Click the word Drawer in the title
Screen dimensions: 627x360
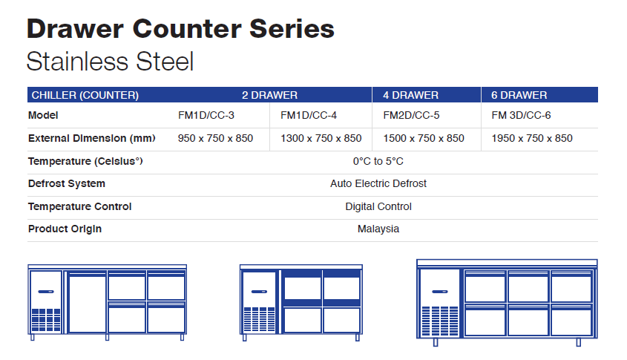click(x=76, y=29)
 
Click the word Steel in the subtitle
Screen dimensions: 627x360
click(x=165, y=62)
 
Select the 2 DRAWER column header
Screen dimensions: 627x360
click(x=269, y=95)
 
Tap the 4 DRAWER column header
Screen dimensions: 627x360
click(x=410, y=95)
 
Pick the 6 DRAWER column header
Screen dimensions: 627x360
click(x=519, y=95)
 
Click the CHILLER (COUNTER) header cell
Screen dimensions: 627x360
click(x=85, y=95)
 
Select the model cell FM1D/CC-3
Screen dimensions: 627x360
click(x=206, y=115)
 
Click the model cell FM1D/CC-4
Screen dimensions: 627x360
click(x=309, y=115)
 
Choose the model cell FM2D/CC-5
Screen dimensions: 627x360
click(x=412, y=115)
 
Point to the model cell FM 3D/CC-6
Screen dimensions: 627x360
click(x=521, y=115)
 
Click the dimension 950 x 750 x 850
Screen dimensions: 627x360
click(x=215, y=138)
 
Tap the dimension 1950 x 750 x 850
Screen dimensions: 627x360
click(x=532, y=138)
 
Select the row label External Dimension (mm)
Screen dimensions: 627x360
click(x=91, y=138)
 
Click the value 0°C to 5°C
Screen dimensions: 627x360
click(x=378, y=161)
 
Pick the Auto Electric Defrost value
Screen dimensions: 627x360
click(x=378, y=183)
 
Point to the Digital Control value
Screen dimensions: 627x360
click(x=378, y=206)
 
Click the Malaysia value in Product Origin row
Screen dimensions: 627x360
click(x=378, y=229)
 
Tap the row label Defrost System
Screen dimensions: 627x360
click(x=67, y=183)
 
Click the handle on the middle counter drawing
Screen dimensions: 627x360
click(x=259, y=292)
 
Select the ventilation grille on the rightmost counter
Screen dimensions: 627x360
click(x=440, y=321)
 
